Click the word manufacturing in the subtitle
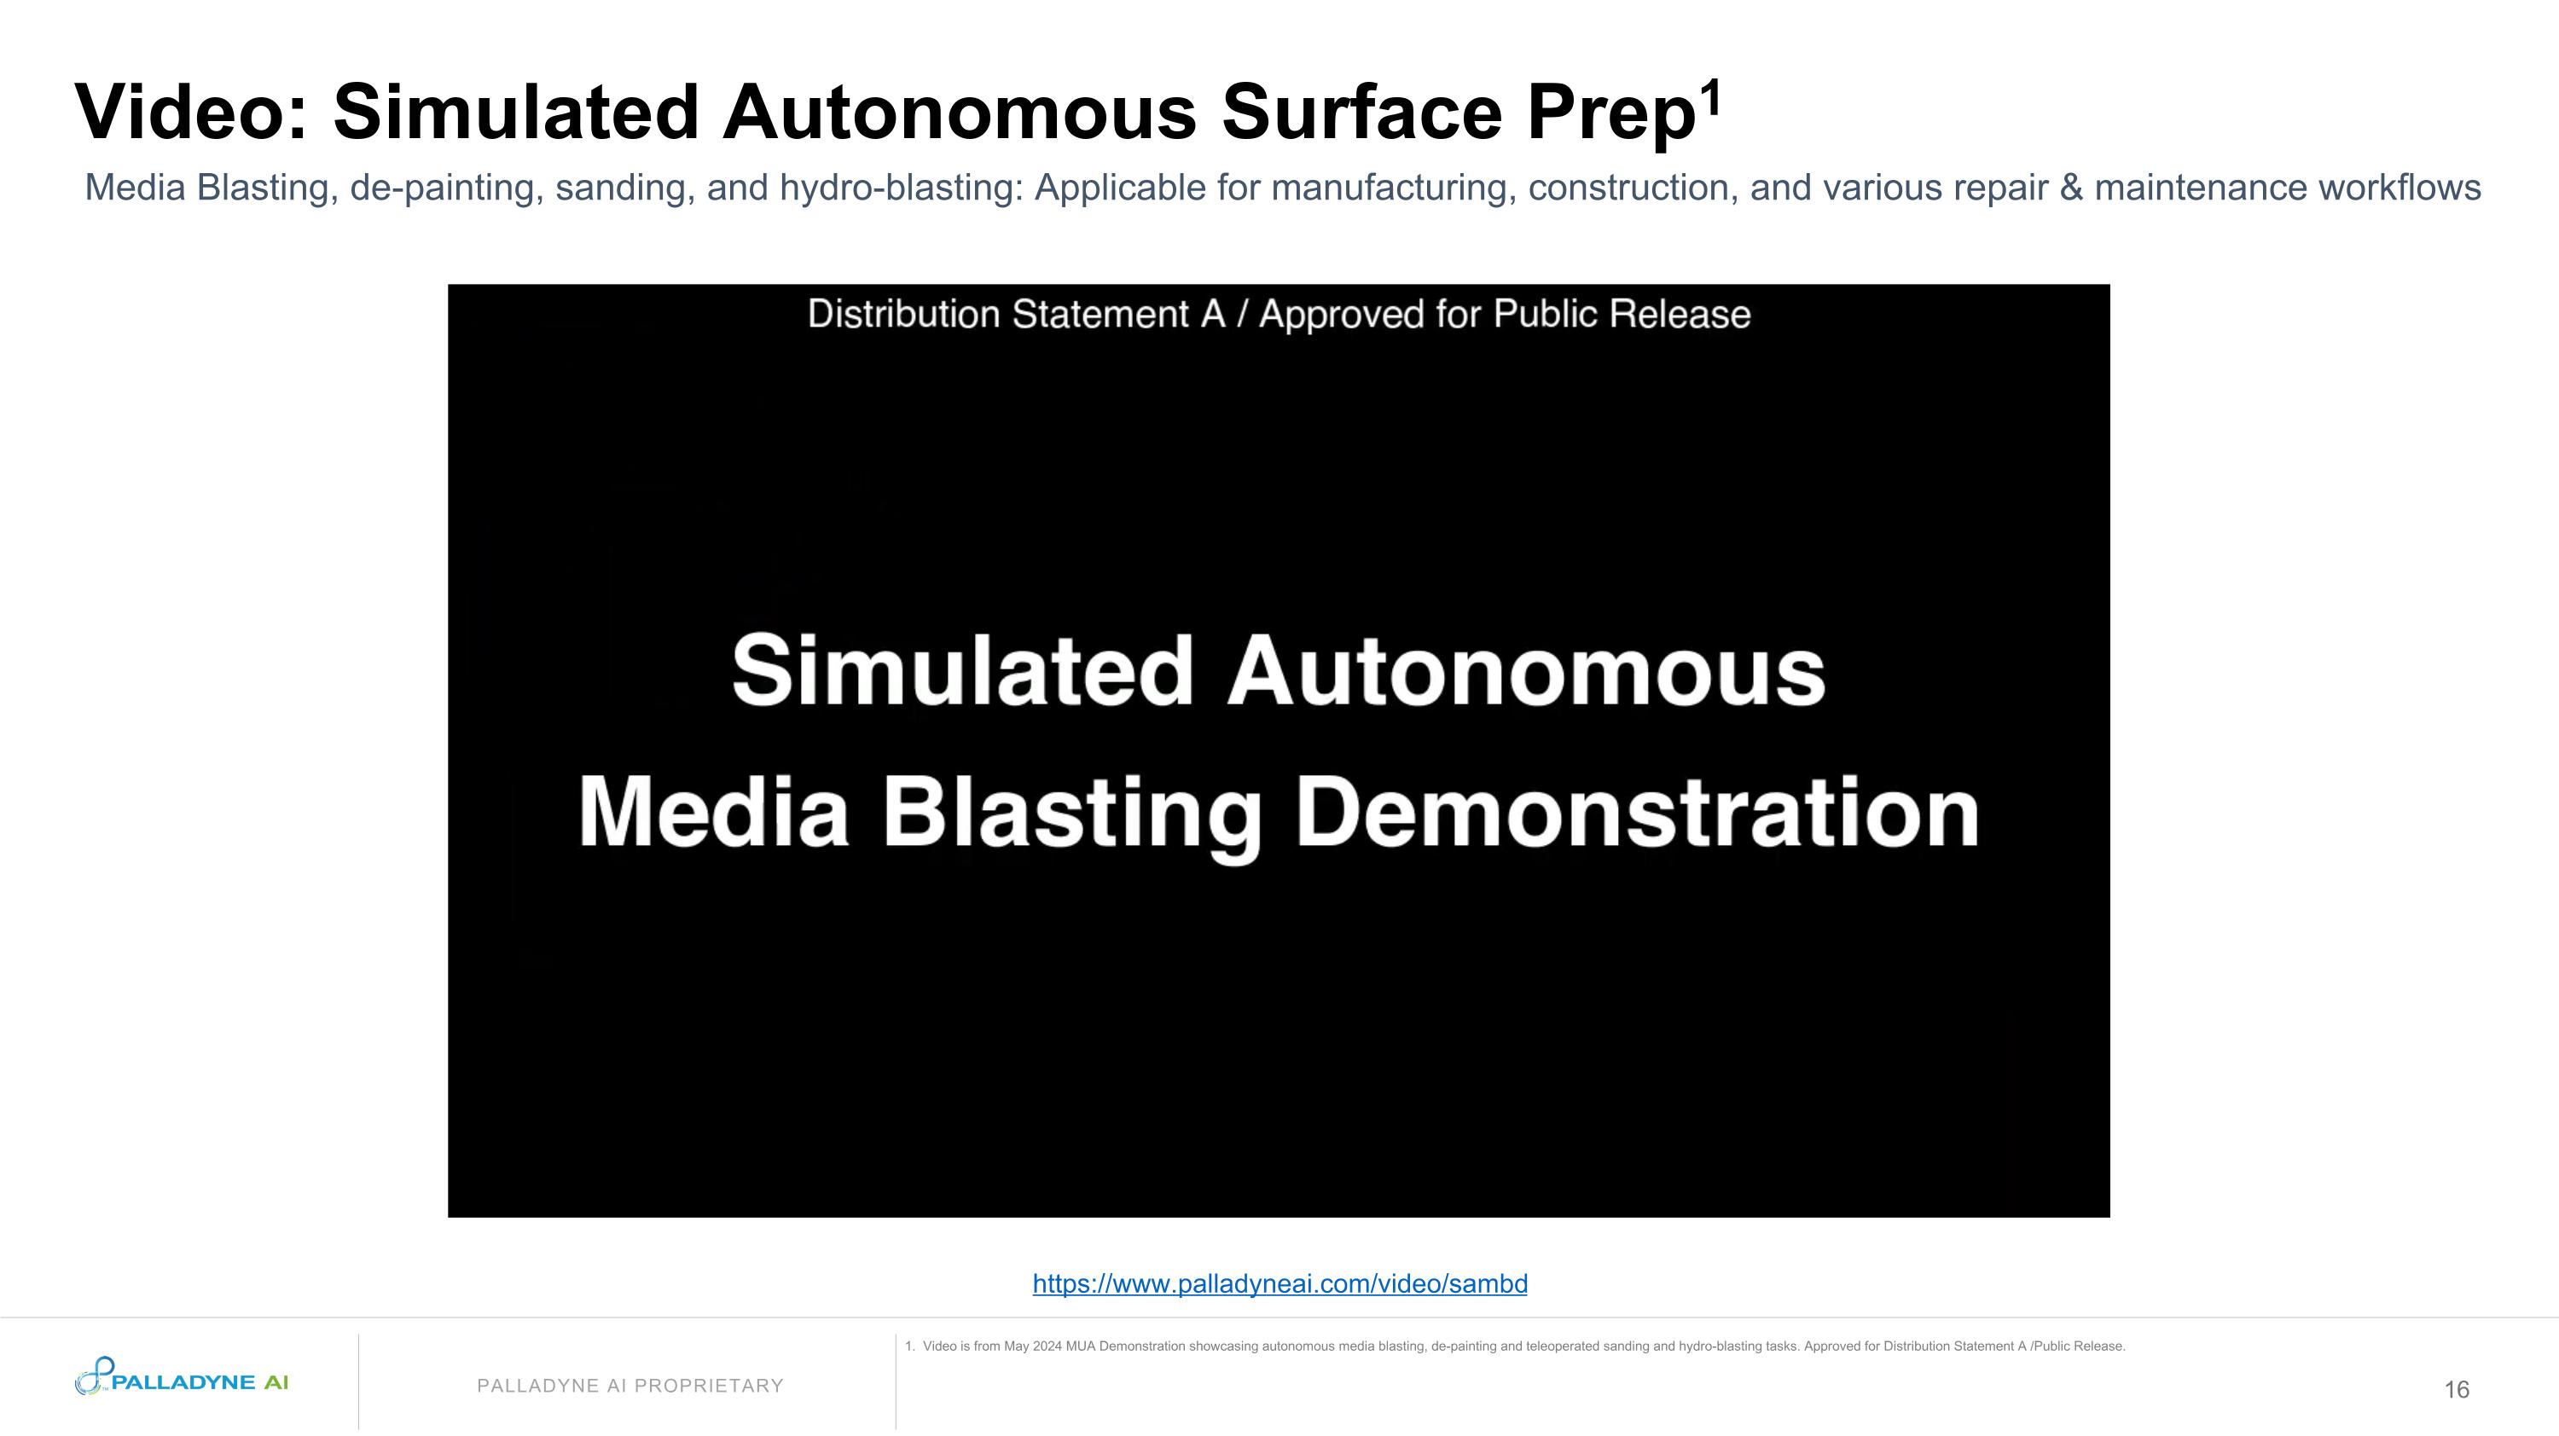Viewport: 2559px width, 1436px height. tap(1394, 188)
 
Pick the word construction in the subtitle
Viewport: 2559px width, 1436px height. tap(1632, 188)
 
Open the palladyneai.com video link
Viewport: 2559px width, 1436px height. tap(1279, 1284)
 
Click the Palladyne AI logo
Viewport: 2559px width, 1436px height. tap(182, 1378)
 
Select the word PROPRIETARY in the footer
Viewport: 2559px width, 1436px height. tap(710, 1386)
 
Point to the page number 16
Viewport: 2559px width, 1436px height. tap(2457, 1389)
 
